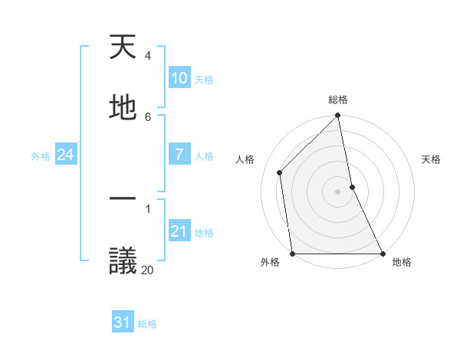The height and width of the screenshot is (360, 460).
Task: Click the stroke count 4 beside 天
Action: pos(147,56)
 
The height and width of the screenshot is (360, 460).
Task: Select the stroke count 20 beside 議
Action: pos(147,269)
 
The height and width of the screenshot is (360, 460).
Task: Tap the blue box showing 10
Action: pos(179,78)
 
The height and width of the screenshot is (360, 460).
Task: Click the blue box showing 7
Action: pos(179,155)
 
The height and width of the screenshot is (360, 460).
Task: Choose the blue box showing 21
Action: pos(179,231)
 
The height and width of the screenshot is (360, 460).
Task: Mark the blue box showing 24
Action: pos(66,155)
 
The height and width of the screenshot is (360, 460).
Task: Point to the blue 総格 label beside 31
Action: pos(147,324)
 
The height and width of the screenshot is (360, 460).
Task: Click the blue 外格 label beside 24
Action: pos(41,156)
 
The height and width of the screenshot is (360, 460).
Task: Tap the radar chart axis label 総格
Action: pos(338,100)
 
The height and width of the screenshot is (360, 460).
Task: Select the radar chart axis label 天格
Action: pos(432,159)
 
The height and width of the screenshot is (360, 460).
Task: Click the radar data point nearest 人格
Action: pos(280,172)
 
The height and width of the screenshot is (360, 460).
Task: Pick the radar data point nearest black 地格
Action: pos(383,254)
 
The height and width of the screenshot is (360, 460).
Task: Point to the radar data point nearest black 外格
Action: pos(292,254)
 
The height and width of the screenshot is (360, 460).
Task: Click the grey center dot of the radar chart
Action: pos(338,191)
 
